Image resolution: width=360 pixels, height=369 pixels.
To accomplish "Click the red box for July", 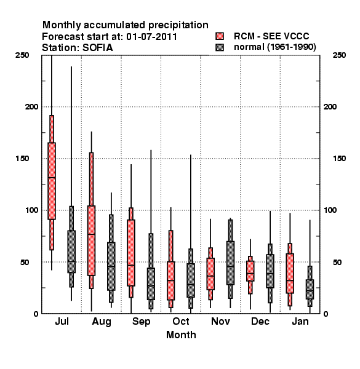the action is [52, 181].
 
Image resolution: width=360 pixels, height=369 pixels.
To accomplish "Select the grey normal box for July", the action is [71, 252].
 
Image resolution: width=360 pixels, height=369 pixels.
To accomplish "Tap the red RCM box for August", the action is [91, 240].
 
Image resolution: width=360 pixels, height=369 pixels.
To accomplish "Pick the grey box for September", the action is [151, 284].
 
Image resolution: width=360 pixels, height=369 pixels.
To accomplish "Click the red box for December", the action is [250, 271].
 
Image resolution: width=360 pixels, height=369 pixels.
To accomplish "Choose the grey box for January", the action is [310, 290].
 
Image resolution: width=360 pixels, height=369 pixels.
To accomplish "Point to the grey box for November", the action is [230, 263].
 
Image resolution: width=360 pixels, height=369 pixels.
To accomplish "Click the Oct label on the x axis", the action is [181, 321].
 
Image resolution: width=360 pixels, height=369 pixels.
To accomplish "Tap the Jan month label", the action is [300, 321].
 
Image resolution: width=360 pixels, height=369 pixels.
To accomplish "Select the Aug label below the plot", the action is [102, 322].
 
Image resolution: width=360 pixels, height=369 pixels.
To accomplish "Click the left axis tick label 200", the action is [31, 106].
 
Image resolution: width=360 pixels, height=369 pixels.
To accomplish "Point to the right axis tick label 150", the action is [339, 159].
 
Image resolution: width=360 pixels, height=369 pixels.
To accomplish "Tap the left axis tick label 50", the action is [25, 262].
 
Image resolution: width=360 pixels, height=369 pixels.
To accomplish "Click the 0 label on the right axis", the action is [326, 314].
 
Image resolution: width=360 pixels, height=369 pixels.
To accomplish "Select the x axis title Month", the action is [181, 335].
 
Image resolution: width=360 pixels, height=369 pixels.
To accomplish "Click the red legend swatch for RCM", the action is [220, 36].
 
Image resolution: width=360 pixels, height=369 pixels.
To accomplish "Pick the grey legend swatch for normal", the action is [220, 47].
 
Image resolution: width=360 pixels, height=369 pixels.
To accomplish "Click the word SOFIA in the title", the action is [98, 48].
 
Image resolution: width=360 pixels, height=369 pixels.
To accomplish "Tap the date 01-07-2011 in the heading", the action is [151, 37].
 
